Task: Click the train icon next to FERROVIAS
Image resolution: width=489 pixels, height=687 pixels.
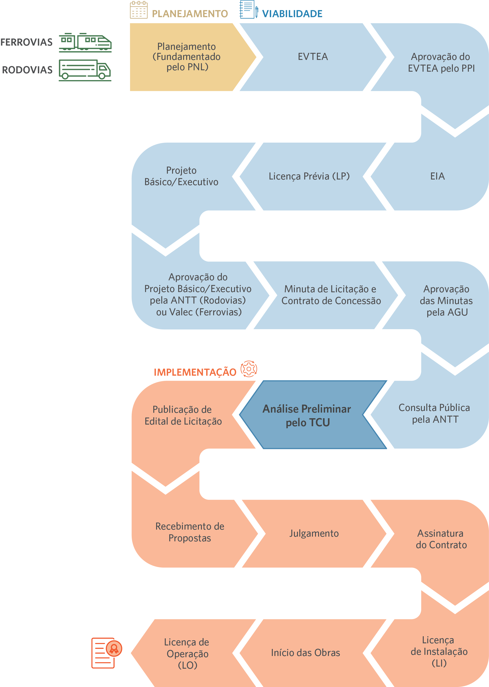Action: [x=85, y=43]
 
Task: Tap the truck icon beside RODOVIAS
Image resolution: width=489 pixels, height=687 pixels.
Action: [x=85, y=70]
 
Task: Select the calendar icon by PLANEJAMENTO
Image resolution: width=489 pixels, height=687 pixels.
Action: [x=139, y=10]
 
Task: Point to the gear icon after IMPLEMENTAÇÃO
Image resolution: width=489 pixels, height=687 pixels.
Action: [x=249, y=369]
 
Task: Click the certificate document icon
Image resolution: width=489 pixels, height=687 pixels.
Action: [x=107, y=653]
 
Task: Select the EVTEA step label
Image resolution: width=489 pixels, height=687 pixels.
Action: [x=313, y=57]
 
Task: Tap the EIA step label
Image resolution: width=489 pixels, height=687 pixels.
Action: [x=438, y=176]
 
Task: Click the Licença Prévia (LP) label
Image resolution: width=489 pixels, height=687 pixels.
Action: [x=309, y=176]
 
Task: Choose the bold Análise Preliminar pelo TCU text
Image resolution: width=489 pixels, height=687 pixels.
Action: [x=307, y=416]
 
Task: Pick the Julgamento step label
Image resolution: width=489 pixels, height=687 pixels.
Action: [x=314, y=533]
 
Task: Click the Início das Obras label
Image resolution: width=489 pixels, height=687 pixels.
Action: [x=306, y=653]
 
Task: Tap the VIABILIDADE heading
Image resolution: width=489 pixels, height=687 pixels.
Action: [x=292, y=14]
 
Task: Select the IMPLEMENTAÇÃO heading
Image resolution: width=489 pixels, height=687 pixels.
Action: [x=195, y=372]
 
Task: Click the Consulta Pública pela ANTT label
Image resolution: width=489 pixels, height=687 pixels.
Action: [x=435, y=414]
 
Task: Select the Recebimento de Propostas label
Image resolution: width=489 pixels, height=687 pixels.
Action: [x=190, y=532]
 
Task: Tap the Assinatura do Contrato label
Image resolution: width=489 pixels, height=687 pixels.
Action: [x=441, y=539]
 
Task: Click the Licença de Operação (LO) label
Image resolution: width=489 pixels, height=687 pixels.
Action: [x=187, y=654]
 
